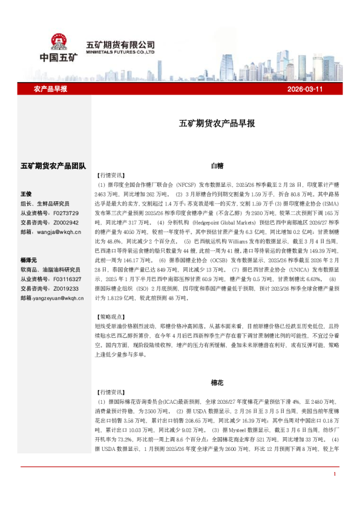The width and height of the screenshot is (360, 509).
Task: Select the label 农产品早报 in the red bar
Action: [50, 89]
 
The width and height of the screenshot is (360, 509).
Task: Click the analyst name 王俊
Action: [25, 194]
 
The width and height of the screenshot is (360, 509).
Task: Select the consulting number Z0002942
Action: [65, 223]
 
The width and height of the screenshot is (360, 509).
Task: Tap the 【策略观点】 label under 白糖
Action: [111, 316]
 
